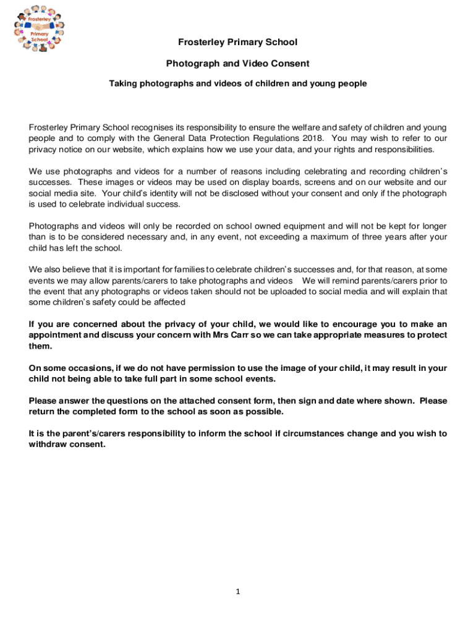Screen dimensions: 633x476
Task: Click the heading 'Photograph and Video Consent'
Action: (x=238, y=63)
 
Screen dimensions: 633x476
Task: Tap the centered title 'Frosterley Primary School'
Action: (x=238, y=42)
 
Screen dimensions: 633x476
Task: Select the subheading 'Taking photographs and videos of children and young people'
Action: (x=238, y=83)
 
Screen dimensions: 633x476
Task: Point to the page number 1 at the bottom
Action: (x=237, y=592)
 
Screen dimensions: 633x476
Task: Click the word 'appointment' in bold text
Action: (x=55, y=335)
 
